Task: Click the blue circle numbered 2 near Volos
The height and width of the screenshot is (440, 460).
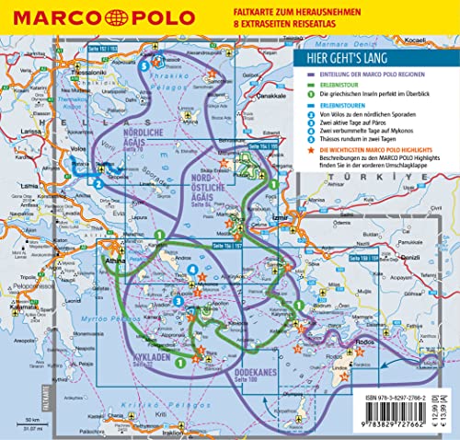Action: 97,181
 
